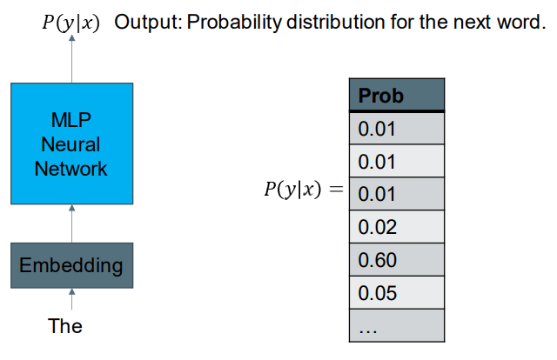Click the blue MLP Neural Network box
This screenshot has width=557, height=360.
(71, 143)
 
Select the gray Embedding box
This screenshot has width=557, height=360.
(71, 265)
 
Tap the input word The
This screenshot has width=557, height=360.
(65, 326)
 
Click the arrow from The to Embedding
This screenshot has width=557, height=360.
(71, 299)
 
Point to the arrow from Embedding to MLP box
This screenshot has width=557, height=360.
(71, 223)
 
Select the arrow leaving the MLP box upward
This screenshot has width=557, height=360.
(71, 58)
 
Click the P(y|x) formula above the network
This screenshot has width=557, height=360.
(70, 23)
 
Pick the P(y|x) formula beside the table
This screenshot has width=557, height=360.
(292, 190)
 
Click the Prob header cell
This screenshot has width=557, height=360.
(397, 95)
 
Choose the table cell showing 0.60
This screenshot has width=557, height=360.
(397, 259)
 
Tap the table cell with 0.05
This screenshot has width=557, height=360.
(397, 292)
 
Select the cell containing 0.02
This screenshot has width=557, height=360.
(397, 226)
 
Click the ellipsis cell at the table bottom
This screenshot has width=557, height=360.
(397, 325)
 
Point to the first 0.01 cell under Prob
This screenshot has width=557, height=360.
(397, 128)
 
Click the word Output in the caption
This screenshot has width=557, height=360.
(148, 23)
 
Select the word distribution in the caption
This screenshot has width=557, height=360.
(335, 22)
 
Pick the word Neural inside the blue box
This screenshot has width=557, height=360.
(70, 144)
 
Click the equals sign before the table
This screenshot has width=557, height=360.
(336, 189)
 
